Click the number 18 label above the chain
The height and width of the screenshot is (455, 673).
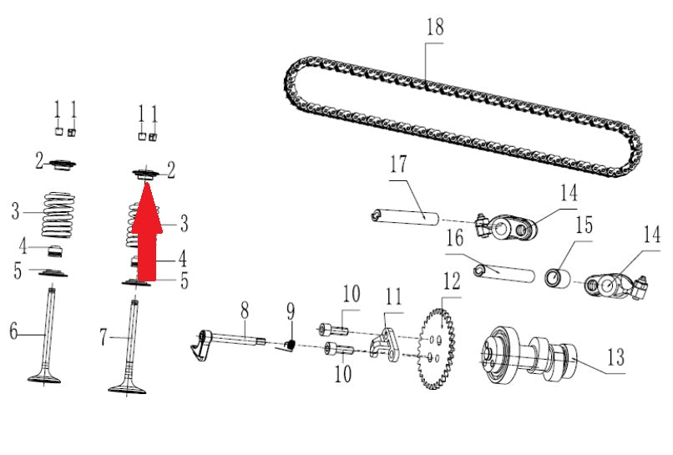pos(435,27)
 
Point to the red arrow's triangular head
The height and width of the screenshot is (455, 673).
pos(147,208)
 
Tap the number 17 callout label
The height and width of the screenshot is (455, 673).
pos(398,164)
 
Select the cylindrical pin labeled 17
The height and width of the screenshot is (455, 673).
pos(405,217)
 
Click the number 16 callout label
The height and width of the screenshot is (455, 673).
pos(455,238)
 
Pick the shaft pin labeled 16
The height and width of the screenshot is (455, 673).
pos(503,274)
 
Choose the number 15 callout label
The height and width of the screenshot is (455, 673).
pos(584,225)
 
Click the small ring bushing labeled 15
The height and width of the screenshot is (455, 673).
pos(558,278)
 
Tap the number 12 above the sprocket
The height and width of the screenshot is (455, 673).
pos(452,281)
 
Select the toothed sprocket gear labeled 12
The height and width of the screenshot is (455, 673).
pos(436,348)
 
